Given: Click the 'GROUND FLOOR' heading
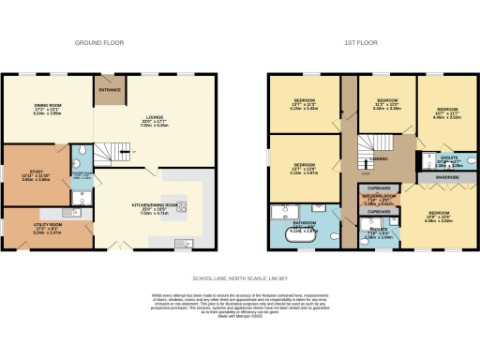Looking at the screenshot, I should pyautogui.click(x=100, y=43).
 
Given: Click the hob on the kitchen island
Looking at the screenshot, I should pyautogui.click(x=182, y=206).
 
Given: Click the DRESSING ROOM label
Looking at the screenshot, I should pyautogui.click(x=379, y=198).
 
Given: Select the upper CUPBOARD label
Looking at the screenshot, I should pyautogui.click(x=378, y=187).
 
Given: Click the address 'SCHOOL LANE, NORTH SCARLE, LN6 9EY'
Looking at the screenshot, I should pyautogui.click(x=239, y=277).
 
